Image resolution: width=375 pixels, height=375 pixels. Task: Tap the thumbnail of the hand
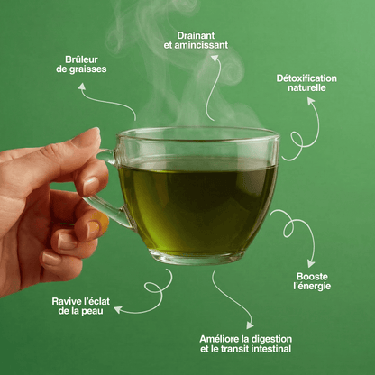[90, 184]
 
